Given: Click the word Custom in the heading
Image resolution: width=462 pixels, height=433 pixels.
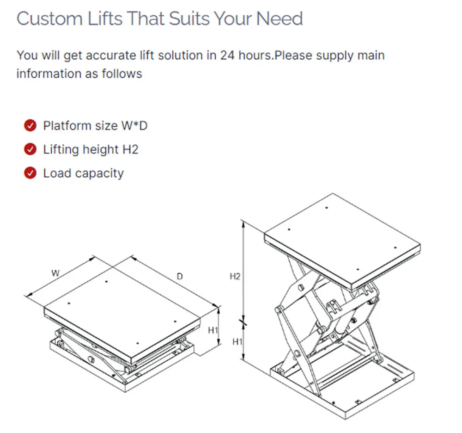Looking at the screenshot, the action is point(49,19).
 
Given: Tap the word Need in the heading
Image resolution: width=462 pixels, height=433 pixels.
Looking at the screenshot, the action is point(280,19).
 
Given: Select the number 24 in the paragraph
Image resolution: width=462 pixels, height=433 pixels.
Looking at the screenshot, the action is point(227,56).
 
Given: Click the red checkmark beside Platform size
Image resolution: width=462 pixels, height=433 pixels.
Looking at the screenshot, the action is point(30,125).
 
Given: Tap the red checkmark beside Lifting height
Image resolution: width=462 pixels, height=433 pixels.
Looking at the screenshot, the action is point(30,149).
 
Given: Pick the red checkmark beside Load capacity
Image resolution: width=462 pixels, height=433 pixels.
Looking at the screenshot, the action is point(30,173).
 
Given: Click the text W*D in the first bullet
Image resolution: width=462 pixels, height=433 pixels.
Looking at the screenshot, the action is point(134,126).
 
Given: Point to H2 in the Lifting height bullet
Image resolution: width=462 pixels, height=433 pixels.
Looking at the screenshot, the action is point(130,149).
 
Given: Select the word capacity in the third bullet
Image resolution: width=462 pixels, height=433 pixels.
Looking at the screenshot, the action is point(100,174).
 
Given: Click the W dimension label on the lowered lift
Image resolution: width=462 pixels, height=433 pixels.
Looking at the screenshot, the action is point(55,273).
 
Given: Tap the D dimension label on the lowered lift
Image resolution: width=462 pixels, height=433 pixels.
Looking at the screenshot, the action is point(180,276).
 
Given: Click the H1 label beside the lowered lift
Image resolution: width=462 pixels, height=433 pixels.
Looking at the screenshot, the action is point(213,330).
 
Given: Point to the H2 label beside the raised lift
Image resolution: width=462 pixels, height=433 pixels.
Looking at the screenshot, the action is point(235,276).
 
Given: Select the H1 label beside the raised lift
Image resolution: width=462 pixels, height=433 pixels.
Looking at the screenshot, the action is point(237,341).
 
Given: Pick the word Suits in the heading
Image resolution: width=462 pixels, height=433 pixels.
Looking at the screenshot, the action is point(188,19).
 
